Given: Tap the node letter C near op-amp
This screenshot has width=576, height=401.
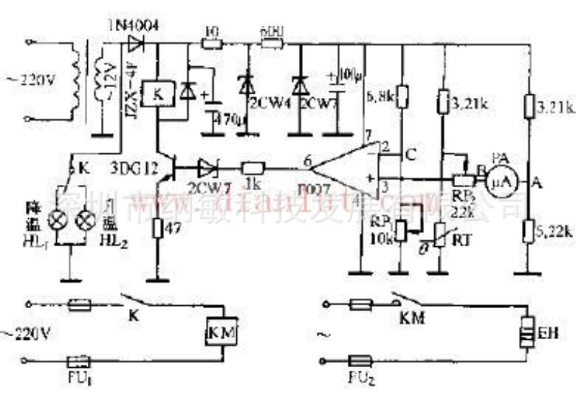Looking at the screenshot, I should [x=410, y=153].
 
